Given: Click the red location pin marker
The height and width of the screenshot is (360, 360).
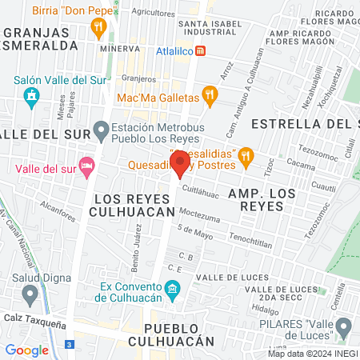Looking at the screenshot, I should tap(180, 163).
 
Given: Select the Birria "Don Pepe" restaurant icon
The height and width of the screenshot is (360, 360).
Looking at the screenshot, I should tap(98, 27).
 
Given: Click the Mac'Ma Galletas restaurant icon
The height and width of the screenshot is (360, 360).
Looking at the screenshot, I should tap(210, 97).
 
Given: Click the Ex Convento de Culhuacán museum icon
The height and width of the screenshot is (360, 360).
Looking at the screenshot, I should tap(172, 288).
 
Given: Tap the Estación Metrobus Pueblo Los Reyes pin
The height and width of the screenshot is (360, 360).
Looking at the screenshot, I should tap(101, 128).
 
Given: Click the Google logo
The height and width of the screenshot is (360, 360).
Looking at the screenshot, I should tap(26, 350).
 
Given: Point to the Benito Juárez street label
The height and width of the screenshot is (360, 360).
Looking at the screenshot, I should tap(137, 247).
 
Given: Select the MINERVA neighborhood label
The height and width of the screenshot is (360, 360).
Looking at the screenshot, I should tap(120, 48).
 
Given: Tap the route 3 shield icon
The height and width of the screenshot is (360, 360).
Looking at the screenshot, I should tap(70, 344).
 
